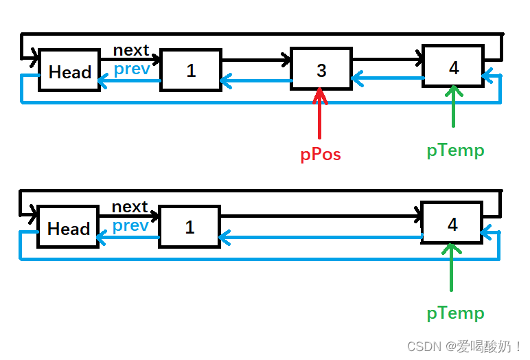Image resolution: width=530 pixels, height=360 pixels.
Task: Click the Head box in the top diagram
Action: (69, 71)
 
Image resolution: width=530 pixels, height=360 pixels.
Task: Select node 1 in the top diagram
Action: (191, 70)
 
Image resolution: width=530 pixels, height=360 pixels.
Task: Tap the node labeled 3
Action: (321, 69)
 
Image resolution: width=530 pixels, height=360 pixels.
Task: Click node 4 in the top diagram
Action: (453, 67)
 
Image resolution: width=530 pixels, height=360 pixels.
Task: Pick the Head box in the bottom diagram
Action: (68, 227)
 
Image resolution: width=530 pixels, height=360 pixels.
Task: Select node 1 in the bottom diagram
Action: (189, 227)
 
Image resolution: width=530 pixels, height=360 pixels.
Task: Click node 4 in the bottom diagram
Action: (452, 224)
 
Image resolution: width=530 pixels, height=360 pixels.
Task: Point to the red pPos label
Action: (321, 155)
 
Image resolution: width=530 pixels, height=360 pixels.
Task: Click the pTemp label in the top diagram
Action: (455, 150)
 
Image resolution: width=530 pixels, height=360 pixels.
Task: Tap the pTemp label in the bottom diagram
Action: (455, 313)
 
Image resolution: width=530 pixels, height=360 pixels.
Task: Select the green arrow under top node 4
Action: (453, 108)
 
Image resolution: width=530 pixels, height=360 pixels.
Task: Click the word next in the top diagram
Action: (131, 50)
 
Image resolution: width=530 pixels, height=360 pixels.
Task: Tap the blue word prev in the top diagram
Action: (132, 69)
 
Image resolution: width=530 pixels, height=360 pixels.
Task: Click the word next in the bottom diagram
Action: (130, 207)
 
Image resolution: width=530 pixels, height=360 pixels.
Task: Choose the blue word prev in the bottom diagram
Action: (130, 225)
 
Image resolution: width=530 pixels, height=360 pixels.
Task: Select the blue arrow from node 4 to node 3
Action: (387, 78)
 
